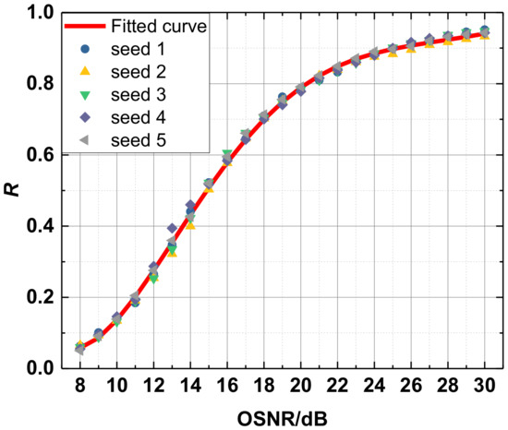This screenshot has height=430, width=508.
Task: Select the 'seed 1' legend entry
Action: point(137,49)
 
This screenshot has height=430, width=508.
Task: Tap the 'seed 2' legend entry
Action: point(137,72)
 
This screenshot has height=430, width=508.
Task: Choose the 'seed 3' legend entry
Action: point(137,95)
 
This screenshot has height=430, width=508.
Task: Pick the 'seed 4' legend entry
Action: point(137,118)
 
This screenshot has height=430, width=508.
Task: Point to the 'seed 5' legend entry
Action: point(137,141)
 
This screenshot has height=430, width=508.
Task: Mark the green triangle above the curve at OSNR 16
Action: point(227,154)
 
